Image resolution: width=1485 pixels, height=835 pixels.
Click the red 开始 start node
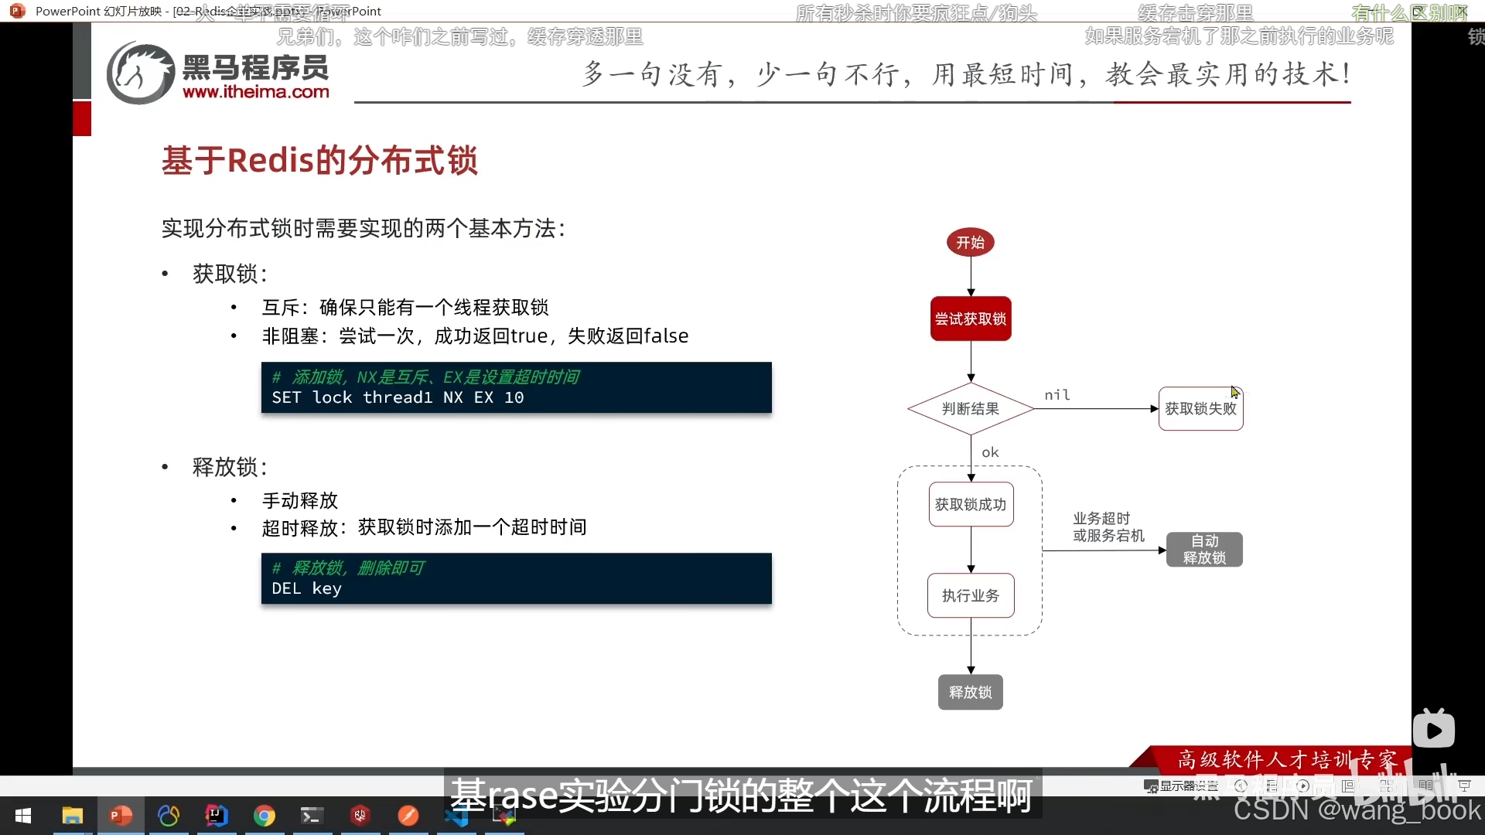[971, 243]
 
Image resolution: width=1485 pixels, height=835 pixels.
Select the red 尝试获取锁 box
[971, 319]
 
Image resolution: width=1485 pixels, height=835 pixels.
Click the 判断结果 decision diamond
[971, 409]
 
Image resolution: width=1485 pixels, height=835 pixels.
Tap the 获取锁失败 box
[1200, 409]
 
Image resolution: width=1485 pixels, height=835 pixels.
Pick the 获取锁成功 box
[971, 505]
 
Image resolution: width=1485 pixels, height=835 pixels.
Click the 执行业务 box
[971, 595]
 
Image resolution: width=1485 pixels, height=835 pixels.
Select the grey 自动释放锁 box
[1204, 550]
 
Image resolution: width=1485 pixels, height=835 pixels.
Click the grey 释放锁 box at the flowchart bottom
[971, 692]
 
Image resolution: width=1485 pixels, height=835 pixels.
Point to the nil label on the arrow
[1057, 395]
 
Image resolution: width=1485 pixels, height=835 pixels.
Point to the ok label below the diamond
[990, 452]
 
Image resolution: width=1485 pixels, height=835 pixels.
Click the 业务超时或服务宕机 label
[1108, 527]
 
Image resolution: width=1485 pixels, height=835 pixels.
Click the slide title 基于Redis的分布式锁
[319, 161]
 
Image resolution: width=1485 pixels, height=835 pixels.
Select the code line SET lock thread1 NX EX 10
[398, 397]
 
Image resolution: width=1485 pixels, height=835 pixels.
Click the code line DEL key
[306, 588]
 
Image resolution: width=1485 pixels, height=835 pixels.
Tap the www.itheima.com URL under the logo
[256, 92]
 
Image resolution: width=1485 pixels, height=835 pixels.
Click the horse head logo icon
[140, 73]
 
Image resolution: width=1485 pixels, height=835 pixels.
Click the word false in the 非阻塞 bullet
[666, 336]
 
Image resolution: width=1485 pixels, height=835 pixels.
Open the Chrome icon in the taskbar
[265, 816]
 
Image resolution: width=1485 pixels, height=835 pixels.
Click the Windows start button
[23, 816]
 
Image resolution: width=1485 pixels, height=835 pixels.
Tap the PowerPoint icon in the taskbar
[121, 816]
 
